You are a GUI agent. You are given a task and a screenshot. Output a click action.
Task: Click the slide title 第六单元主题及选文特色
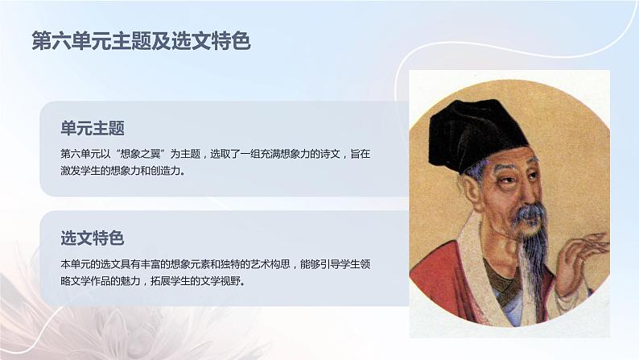[x=141, y=42]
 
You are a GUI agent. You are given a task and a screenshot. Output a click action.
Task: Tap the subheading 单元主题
[x=92, y=128]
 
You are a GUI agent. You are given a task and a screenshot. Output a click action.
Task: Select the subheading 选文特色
[x=92, y=238]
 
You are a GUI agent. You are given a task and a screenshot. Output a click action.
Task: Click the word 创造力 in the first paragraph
[x=169, y=171]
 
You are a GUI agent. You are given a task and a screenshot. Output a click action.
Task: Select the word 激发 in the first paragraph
[x=71, y=171]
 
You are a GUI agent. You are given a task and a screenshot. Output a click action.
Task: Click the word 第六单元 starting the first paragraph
[x=80, y=153]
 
